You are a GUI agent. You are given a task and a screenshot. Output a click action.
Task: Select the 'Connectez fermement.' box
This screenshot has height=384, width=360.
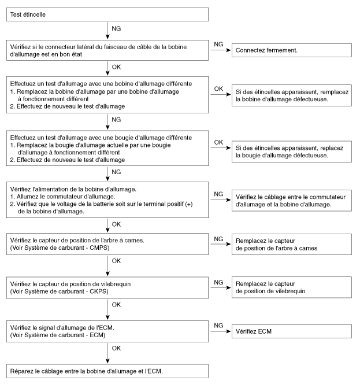(291, 50)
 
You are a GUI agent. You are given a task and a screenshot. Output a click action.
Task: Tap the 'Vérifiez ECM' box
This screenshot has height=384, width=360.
(291, 331)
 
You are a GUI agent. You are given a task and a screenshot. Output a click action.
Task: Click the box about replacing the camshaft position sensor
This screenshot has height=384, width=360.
(291, 243)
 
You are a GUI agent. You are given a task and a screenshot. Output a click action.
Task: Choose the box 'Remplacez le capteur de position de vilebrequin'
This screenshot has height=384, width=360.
(291, 287)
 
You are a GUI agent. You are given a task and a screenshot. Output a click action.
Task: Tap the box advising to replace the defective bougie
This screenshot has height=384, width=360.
(291, 152)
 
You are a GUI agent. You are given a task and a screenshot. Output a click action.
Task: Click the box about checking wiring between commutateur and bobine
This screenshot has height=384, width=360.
(291, 200)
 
